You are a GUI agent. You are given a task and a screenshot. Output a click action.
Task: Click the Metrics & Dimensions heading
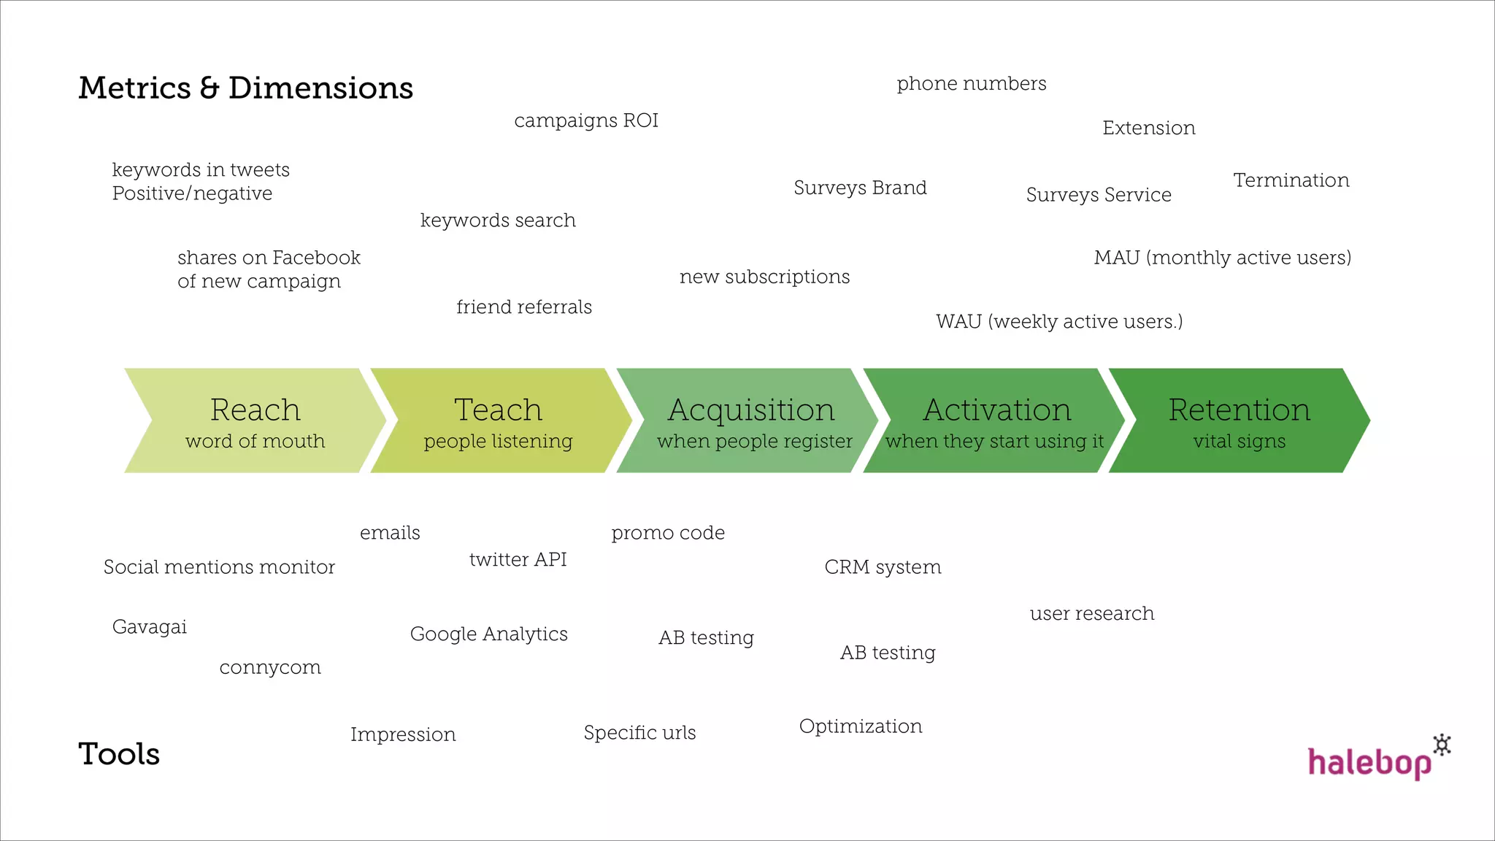(245, 88)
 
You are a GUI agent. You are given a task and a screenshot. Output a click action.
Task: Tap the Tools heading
(119, 754)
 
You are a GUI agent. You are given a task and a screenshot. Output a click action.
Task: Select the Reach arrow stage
(255, 421)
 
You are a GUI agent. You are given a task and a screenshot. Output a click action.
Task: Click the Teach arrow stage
(499, 421)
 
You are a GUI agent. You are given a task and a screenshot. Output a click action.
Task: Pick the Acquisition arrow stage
(752, 421)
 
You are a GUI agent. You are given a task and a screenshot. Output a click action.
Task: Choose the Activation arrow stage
(996, 421)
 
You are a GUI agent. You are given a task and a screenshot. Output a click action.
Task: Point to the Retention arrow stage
(1239, 421)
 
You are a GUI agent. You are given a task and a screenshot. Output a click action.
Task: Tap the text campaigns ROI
(586, 120)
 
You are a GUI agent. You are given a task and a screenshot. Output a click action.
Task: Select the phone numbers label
(971, 84)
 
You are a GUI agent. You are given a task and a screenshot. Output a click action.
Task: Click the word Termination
(1291, 180)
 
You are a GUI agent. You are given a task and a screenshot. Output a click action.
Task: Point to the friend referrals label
(523, 307)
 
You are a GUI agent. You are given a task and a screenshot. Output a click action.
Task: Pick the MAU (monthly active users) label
(1222, 258)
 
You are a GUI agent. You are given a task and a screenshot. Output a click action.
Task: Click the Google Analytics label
(488, 634)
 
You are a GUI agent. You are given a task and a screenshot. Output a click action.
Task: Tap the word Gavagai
(150, 627)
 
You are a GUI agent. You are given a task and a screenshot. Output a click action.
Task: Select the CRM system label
(883, 567)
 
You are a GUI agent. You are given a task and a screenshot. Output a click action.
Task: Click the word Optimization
(861, 726)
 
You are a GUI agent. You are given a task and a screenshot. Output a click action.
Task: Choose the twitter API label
(518, 560)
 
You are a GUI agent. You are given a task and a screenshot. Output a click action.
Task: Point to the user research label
(1092, 614)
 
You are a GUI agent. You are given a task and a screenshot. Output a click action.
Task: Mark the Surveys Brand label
(860, 188)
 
